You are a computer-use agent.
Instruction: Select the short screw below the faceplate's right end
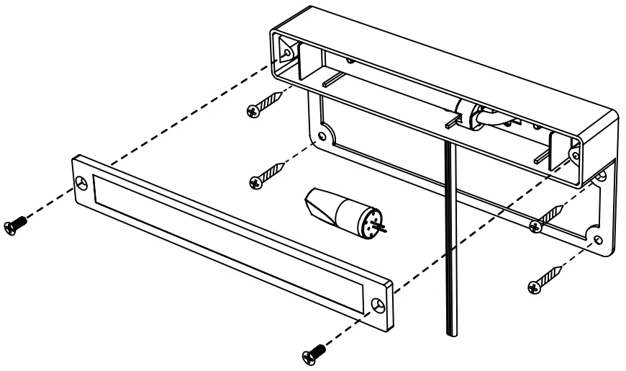coord(314,351)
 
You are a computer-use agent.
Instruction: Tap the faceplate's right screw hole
coord(380,305)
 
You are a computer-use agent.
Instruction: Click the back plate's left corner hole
coord(321,135)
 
